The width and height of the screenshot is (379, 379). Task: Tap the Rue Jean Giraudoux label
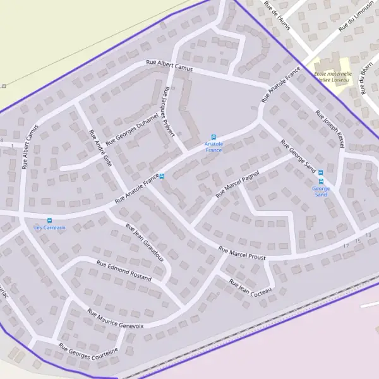click(x=145, y=243)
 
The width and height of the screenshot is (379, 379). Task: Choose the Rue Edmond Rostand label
click(x=124, y=270)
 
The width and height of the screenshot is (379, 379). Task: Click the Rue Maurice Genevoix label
click(x=116, y=318)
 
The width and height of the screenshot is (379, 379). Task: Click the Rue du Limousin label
click(x=356, y=19)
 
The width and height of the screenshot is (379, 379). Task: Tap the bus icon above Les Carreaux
click(x=50, y=221)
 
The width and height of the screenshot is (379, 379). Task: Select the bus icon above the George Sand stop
click(x=320, y=172)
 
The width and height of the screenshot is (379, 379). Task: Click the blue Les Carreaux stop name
click(x=50, y=228)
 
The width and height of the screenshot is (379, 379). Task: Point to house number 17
click(x=346, y=245)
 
